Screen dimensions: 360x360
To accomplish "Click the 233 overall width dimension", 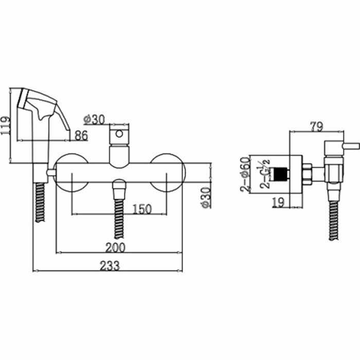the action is tap(110, 266).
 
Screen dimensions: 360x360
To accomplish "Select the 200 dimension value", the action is tap(115, 247).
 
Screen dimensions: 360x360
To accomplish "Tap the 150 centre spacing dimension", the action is tap(142, 209).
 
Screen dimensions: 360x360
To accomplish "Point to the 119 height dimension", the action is tap(5, 125).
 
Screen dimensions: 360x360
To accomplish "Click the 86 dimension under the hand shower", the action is tap(81, 135).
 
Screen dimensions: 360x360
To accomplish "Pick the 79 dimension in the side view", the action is tap(317, 127).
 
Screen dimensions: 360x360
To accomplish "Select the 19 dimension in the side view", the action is tap(278, 202).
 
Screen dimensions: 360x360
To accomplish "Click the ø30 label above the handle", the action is tap(94, 119).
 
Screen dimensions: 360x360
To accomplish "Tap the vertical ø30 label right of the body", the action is tap(206, 197).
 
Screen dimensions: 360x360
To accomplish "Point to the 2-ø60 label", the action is tap(245, 174).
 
